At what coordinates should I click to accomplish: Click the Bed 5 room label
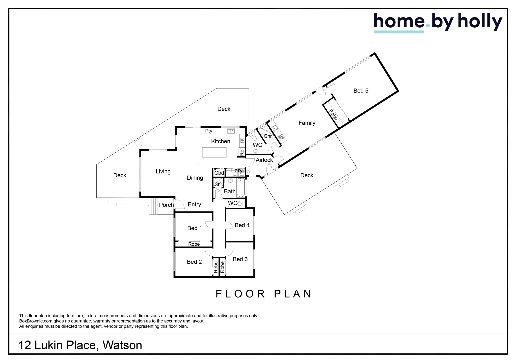point(361,91)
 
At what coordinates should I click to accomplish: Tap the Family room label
point(307,123)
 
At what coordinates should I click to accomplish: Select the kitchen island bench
point(214,152)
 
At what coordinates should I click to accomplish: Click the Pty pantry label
point(209,131)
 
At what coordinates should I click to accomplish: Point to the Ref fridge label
point(242,152)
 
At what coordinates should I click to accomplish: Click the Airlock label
point(264,160)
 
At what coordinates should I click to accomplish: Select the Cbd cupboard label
point(219,173)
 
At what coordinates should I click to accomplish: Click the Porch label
point(166,205)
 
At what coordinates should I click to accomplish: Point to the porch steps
point(153,207)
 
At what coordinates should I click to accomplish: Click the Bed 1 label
point(194,228)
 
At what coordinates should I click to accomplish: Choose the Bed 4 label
point(242,225)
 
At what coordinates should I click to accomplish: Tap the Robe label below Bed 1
point(194,244)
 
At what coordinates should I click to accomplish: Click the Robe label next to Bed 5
point(333,115)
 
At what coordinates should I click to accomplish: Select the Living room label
point(163,172)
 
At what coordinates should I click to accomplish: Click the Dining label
point(195,178)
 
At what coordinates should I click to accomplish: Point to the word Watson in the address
point(122,345)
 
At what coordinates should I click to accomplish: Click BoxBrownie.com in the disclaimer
point(36,321)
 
